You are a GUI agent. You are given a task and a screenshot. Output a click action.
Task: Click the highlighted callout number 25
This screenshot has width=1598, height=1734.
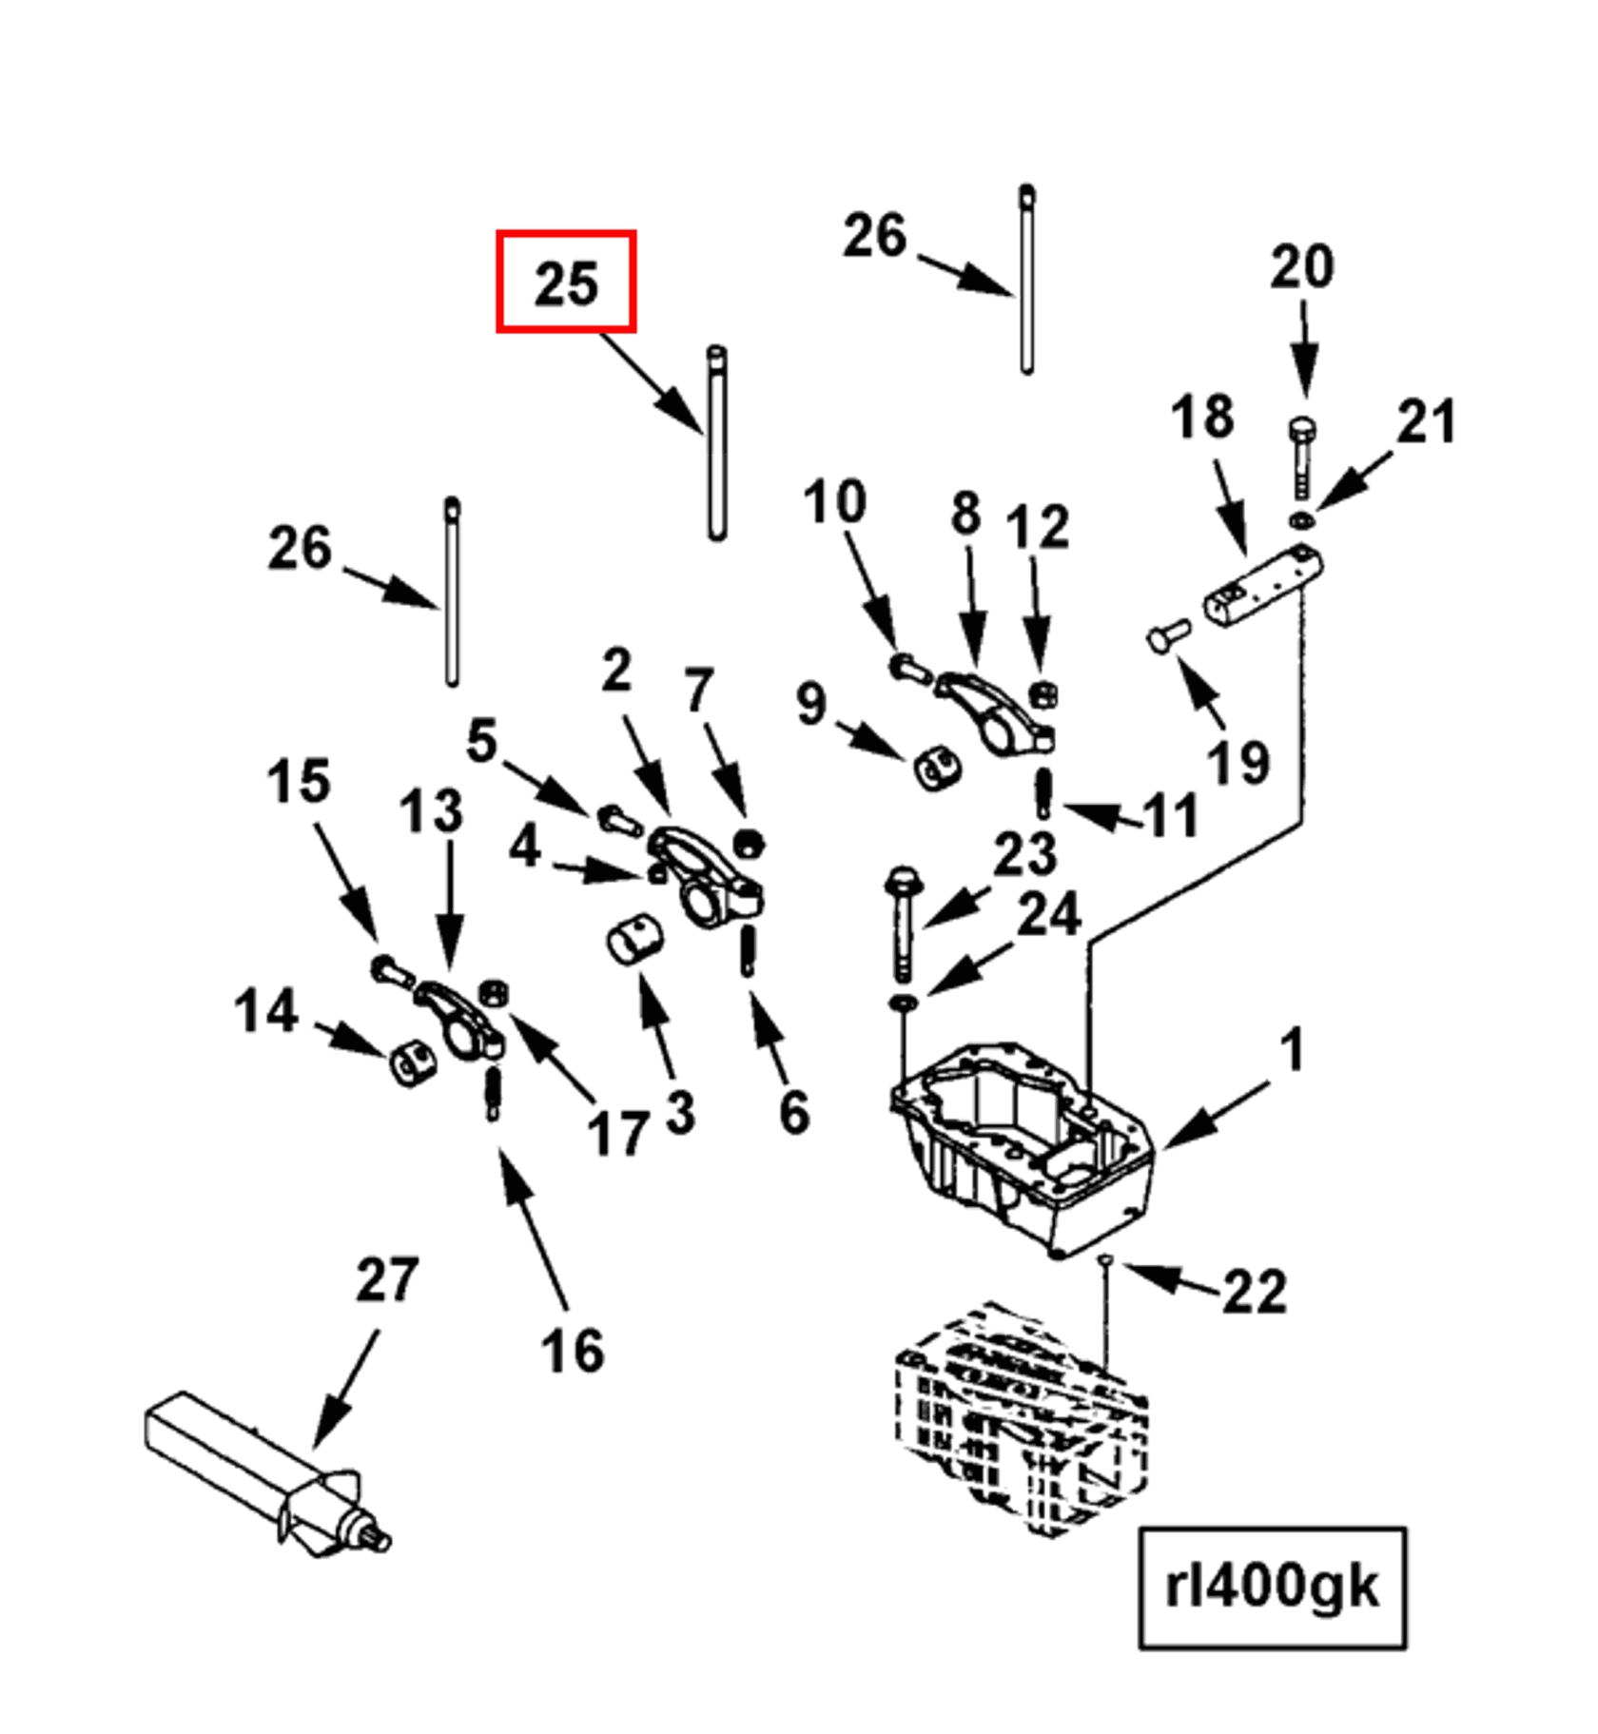click(x=566, y=283)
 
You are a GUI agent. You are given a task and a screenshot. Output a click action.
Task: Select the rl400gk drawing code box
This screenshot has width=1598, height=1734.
click(x=1272, y=1588)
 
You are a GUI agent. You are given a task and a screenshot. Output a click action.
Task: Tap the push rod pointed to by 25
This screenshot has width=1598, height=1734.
click(x=717, y=443)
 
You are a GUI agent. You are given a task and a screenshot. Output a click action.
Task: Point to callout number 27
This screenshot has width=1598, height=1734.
click(x=386, y=1279)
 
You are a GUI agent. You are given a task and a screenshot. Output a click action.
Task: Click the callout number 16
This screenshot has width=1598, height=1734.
click(x=572, y=1351)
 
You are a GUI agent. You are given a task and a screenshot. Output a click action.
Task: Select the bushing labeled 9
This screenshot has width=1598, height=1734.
click(x=936, y=769)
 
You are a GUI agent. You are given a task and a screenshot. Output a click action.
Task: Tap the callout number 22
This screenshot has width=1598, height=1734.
click(x=1254, y=1292)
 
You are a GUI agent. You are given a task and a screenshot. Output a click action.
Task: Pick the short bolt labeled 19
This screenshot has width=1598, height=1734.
click(x=1169, y=635)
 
